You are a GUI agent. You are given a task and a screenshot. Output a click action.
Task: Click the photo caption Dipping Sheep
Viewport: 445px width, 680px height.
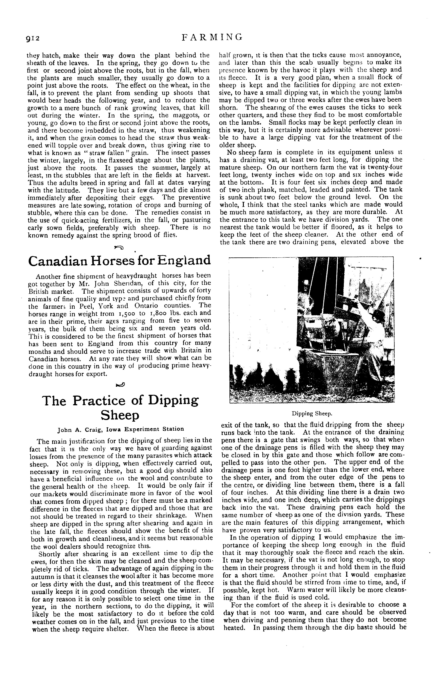[x=312, y=413]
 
